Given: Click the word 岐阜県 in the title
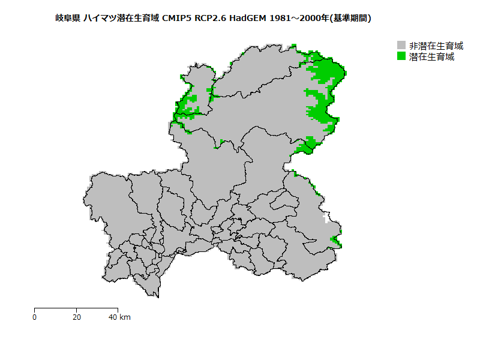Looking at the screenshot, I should pyautogui.click(x=68, y=19).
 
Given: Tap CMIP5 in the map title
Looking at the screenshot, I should pyautogui.click(x=178, y=19).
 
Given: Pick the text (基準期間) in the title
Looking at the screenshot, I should pyautogui.click(x=350, y=19).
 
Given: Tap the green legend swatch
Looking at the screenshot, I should pyautogui.click(x=401, y=57).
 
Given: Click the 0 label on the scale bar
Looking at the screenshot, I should pyautogui.click(x=35, y=317).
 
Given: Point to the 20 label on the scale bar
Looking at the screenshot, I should pyautogui.click(x=76, y=317).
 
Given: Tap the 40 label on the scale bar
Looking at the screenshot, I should pyautogui.click(x=112, y=317).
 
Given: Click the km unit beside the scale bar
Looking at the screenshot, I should pyautogui.click(x=125, y=317).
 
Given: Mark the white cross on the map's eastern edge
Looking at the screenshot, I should pyautogui.click(x=326, y=217).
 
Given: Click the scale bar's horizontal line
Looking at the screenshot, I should pyautogui.click(x=76, y=308).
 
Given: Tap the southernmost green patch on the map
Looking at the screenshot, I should pyautogui.click(x=336, y=242).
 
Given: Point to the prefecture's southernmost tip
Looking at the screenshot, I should pyautogui.click(x=157, y=296).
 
